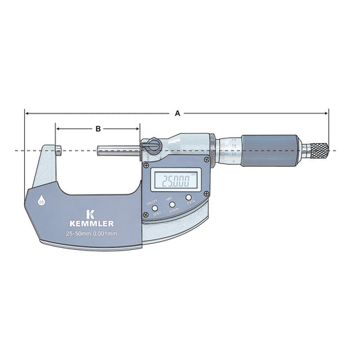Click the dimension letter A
(x=178, y=113)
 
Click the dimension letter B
(x=98, y=128)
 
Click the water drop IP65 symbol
(x=41, y=201)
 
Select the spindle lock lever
(x=151, y=145)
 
